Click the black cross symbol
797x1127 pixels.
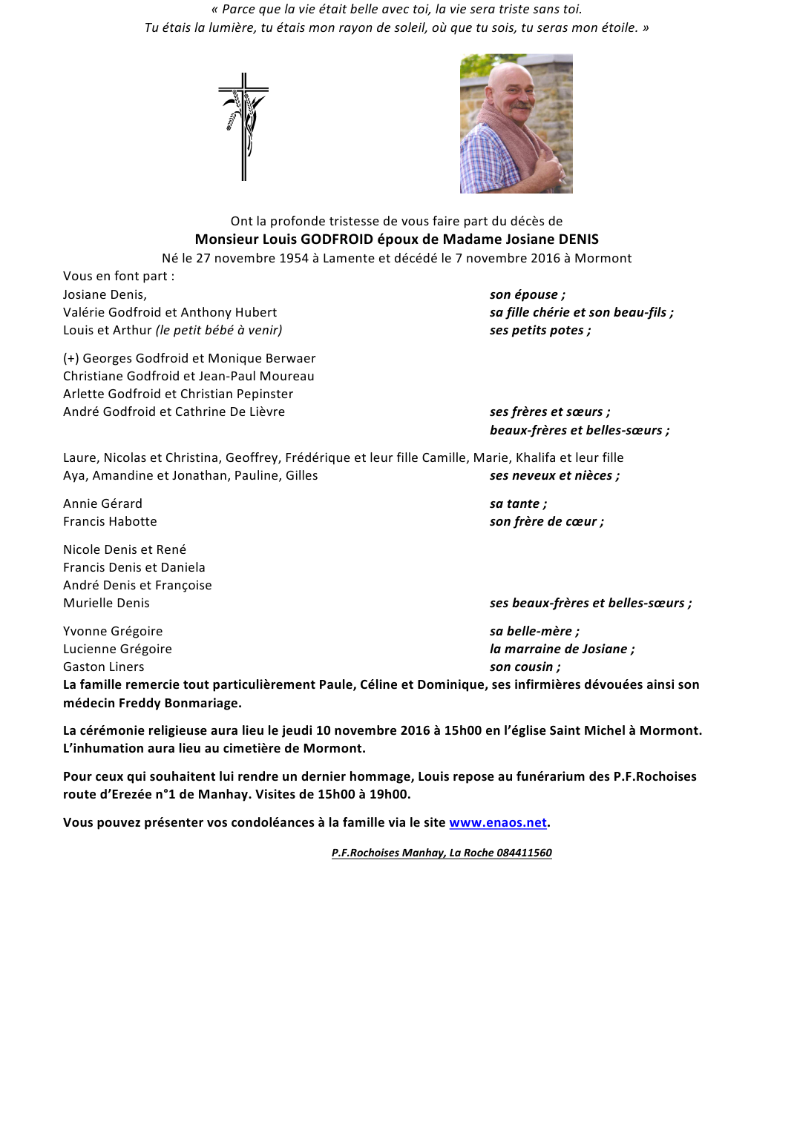[243, 126]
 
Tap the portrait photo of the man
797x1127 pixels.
[516, 123]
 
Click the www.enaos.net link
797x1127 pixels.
[498, 822]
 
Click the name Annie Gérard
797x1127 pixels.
[102, 503]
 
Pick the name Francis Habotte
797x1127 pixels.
[110, 521]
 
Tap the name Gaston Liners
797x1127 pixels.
[104, 667]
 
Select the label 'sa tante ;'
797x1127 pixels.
[518, 503]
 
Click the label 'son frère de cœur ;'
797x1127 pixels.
[546, 521]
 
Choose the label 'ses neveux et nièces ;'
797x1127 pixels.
[554, 475]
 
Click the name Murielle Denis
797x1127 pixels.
[106, 603]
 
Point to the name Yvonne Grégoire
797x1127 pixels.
[113, 631]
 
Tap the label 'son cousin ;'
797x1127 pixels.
[525, 667]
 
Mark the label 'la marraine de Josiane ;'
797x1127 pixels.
[562, 649]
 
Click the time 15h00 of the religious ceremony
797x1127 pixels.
[463, 730]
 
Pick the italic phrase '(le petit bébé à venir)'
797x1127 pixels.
[219, 330]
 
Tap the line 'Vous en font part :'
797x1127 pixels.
[119, 276]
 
